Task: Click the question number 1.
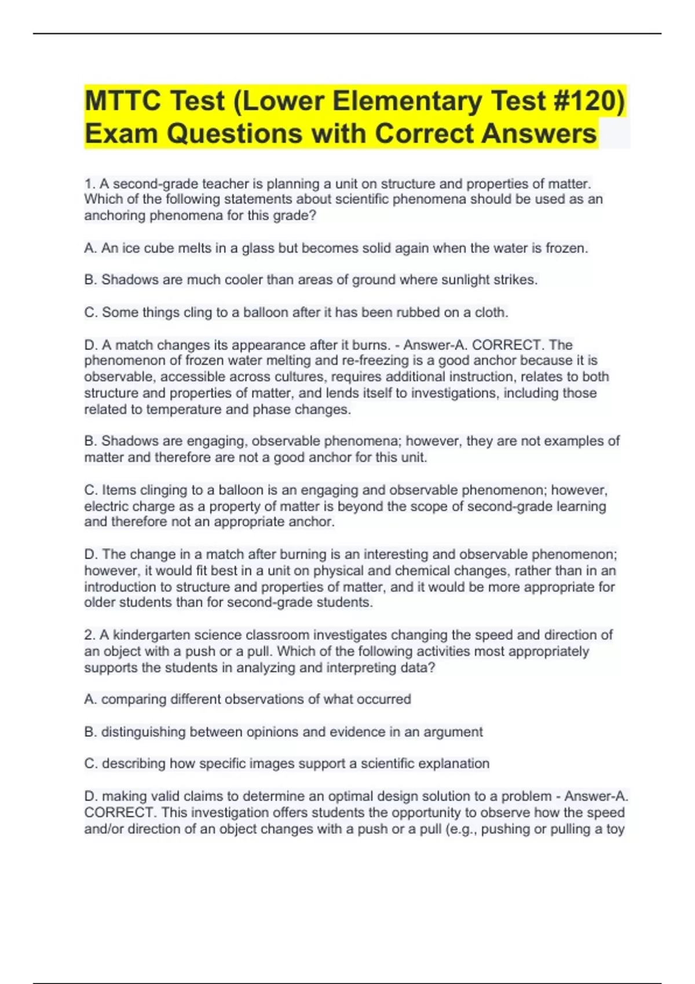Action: (89, 184)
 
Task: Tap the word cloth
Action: (491, 313)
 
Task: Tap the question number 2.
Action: (89, 635)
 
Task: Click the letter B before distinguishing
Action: (89, 732)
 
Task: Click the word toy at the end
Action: (615, 829)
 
